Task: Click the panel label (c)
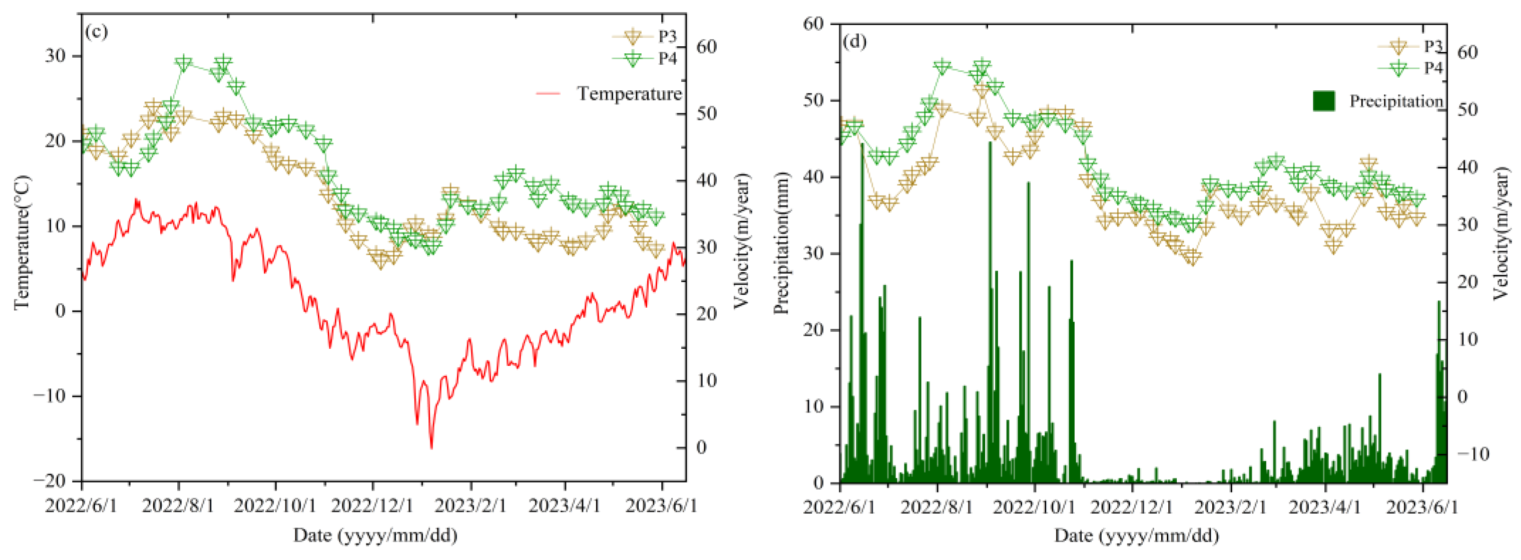(x=96, y=31)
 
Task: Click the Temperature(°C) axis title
(x=22, y=242)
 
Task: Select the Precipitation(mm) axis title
(x=781, y=242)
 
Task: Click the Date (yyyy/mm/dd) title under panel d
(x=1137, y=535)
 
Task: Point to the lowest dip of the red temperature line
(x=431, y=448)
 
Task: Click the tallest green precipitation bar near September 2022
(x=990, y=143)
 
